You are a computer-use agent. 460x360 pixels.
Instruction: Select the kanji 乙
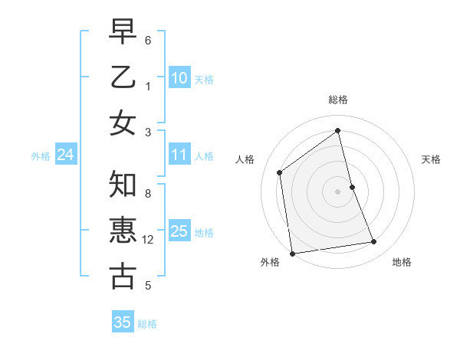point(123,78)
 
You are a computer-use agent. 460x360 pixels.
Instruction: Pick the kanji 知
point(123,185)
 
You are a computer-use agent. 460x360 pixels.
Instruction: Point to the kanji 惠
point(123,231)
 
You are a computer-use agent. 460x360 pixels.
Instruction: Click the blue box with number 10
point(179,77)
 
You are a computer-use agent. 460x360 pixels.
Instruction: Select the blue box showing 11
point(179,155)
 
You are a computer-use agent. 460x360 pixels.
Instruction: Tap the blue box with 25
point(179,231)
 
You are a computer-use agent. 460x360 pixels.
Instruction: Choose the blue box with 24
point(65,155)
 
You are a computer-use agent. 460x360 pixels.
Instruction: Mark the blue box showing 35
point(123,322)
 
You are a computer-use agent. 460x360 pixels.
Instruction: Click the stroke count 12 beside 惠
point(148,240)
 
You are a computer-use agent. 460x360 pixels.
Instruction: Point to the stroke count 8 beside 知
point(148,194)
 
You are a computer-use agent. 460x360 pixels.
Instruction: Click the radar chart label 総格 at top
point(337,100)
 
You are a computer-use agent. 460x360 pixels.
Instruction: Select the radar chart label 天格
point(431,159)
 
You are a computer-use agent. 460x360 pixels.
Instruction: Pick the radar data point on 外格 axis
point(292,253)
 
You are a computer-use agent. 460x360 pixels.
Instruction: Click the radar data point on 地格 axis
point(374,242)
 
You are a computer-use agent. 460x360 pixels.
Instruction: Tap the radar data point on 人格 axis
point(280,172)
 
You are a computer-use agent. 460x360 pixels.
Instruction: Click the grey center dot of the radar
point(337,191)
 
